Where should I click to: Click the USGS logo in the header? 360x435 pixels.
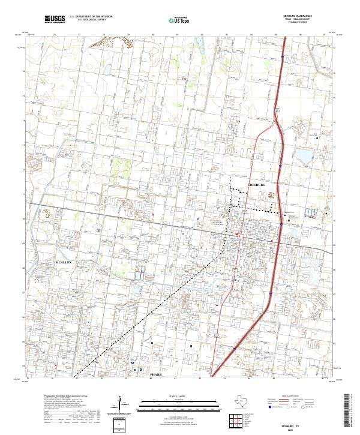[55, 20]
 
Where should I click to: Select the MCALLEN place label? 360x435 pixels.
[64, 263]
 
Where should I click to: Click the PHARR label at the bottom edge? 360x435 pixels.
[157, 373]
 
